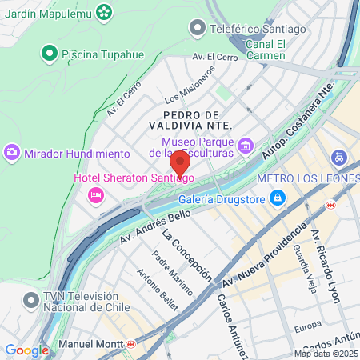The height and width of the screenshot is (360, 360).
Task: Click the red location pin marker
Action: (x=180, y=163)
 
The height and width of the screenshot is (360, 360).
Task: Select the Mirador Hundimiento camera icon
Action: (x=12, y=152)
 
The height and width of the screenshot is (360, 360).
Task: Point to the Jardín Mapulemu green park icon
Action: (x=104, y=12)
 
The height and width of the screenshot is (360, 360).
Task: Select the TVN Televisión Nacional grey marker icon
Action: (x=30, y=301)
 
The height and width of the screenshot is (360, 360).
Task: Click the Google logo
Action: (x=26, y=350)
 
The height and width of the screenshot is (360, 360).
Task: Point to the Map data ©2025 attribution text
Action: (x=325, y=354)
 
